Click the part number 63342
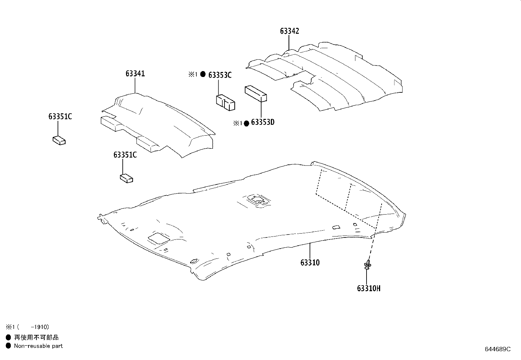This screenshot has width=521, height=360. point(289,31)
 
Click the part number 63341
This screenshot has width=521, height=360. point(135,74)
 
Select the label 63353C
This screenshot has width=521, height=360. point(220,75)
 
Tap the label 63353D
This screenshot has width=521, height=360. point(262,123)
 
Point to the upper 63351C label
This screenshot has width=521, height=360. point(60,117)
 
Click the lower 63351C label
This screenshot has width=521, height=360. point(125,155)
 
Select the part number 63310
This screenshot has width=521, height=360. point(310,263)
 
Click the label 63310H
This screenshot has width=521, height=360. point(368,289)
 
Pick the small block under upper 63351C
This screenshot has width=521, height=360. point(59,141)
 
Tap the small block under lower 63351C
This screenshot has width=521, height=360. point(126,179)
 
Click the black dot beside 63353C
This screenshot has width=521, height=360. point(203,74)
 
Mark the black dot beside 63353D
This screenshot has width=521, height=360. point(247,123)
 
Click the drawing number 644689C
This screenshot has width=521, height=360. point(497,349)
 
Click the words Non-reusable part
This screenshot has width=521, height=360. point(38,346)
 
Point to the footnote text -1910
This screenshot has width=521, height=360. point(40,327)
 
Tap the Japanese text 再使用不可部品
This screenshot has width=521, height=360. point(36,337)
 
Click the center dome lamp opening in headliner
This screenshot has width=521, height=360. point(258,200)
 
